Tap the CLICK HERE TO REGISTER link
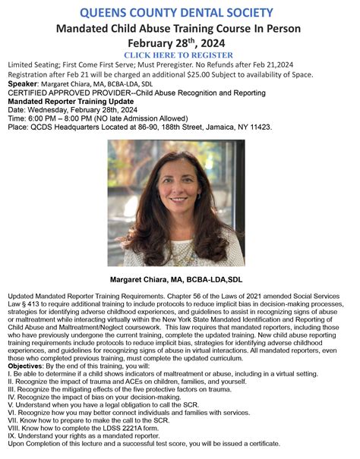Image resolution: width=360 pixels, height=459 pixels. (181, 56)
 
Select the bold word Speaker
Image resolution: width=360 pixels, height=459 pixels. (24, 85)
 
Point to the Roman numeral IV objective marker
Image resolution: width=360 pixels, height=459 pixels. (12, 396)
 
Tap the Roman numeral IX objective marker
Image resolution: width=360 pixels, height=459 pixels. (11, 436)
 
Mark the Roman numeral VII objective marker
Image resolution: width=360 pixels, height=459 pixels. (13, 420)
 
